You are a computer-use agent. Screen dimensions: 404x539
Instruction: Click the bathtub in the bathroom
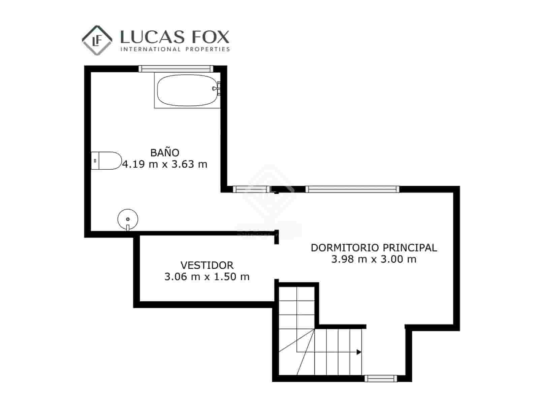click(187, 90)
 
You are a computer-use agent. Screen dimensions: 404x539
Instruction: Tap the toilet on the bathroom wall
click(106, 161)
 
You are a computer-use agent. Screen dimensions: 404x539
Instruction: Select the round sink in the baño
click(128, 219)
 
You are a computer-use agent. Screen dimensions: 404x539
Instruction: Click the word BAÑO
click(165, 153)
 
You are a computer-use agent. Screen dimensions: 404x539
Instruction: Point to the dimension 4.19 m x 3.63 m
click(165, 164)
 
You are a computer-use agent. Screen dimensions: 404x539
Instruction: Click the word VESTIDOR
click(207, 265)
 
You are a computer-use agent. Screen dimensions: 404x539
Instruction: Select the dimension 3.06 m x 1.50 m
click(207, 277)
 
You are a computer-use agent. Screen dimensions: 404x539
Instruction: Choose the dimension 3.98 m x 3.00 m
click(374, 259)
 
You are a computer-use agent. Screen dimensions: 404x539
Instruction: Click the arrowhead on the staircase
click(359, 352)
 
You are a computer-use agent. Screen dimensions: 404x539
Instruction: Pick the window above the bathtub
click(176, 69)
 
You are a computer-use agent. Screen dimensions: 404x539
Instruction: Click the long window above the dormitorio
click(352, 189)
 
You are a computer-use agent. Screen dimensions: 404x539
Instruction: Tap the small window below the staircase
click(381, 378)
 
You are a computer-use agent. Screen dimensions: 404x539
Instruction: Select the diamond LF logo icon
click(97, 40)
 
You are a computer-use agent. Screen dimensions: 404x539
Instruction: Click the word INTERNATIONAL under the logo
click(151, 49)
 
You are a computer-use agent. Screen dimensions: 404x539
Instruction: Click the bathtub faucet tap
click(216, 88)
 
